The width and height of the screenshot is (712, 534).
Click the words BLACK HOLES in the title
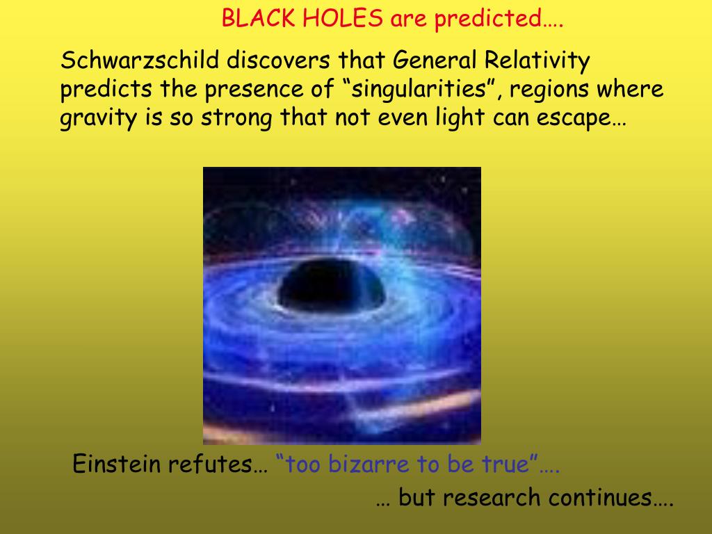click(302, 19)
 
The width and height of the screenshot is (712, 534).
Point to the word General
click(434, 61)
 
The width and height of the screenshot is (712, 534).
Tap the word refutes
click(213, 464)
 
